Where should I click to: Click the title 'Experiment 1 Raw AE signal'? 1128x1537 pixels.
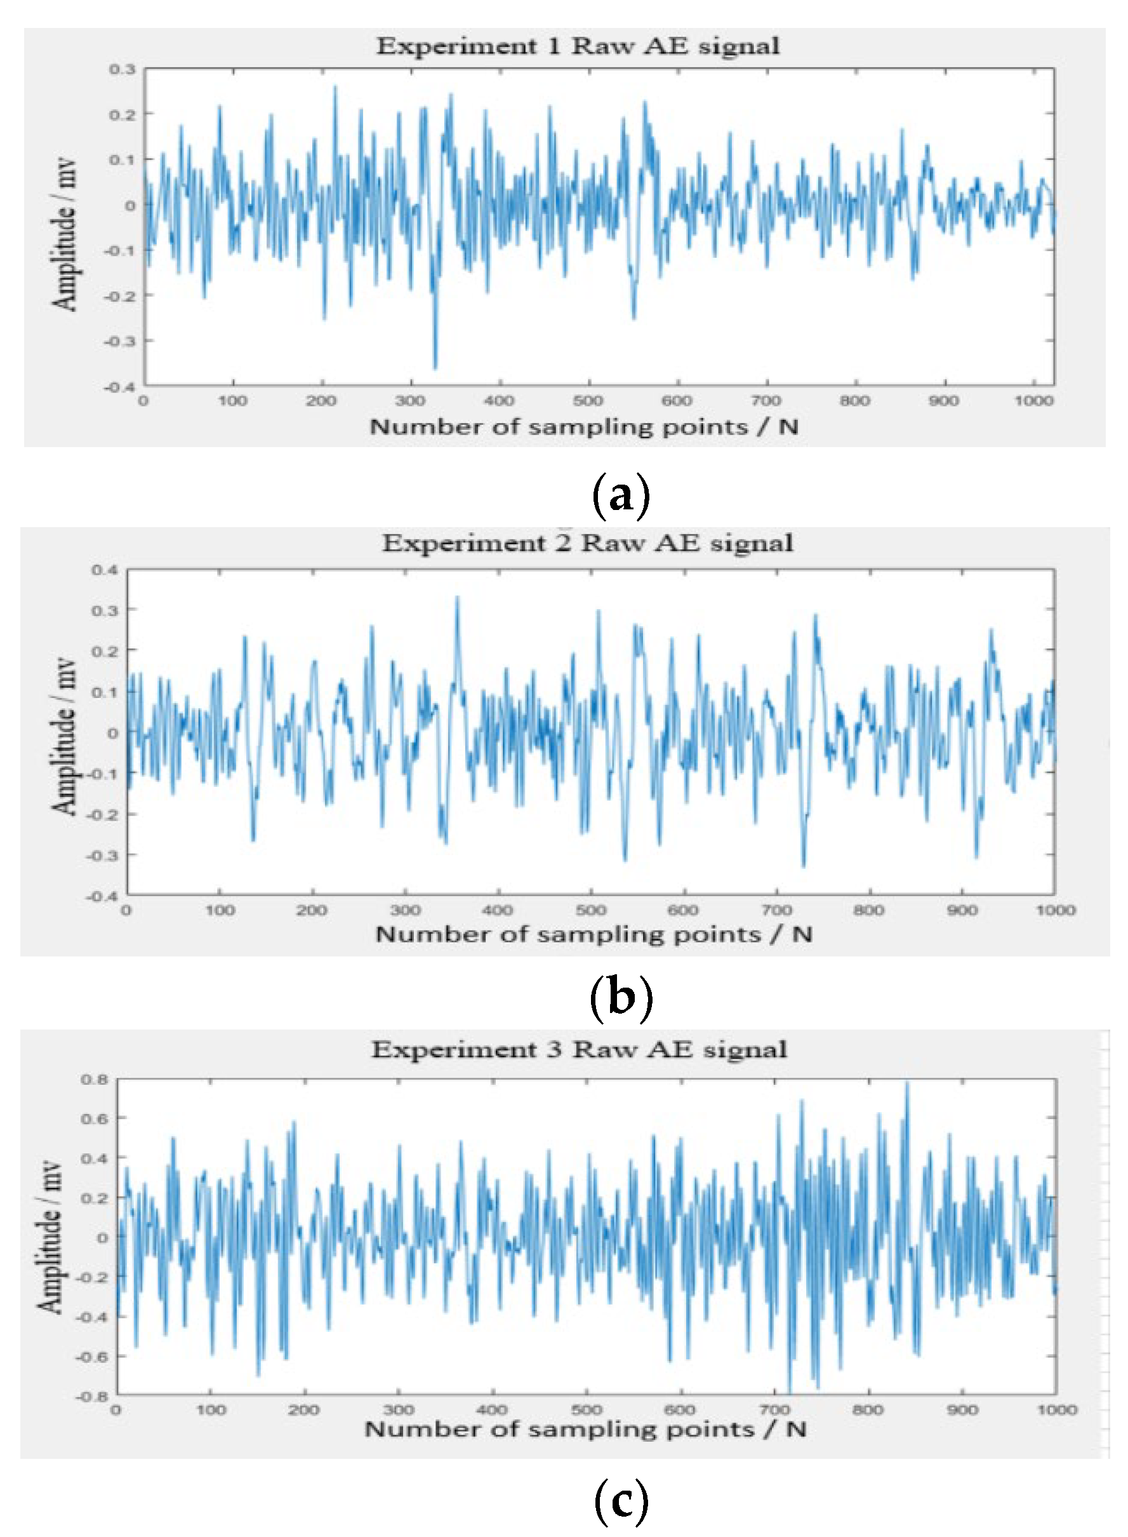[x=578, y=46]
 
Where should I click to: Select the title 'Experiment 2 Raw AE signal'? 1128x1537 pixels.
[x=587, y=543]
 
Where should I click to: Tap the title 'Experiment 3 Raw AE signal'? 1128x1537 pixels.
[x=579, y=1049]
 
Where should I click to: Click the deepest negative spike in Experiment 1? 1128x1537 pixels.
[x=435, y=368]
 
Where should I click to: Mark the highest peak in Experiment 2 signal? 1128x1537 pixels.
[x=457, y=598]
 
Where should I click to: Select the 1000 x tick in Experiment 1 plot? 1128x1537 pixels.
[x=1033, y=401]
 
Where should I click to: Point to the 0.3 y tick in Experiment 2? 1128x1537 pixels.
[x=105, y=610]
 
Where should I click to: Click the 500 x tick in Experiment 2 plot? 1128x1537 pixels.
[x=590, y=911]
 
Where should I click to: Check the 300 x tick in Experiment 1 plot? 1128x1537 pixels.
[x=409, y=401]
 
